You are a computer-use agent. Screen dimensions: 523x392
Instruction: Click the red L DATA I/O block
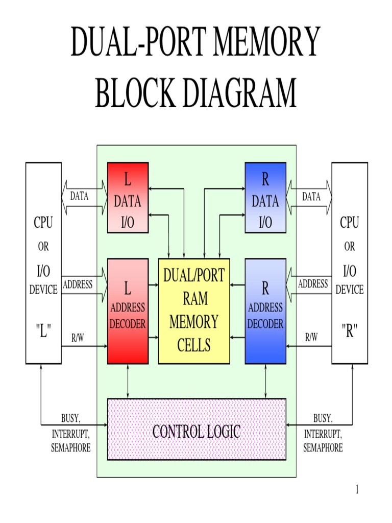click(x=128, y=198)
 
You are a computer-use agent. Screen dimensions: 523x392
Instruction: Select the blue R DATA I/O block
click(x=265, y=198)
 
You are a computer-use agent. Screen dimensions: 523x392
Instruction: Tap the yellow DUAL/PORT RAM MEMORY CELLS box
click(x=194, y=311)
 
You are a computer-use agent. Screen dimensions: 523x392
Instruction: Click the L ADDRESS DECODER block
click(x=128, y=311)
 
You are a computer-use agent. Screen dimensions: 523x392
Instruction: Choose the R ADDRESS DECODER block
click(x=265, y=311)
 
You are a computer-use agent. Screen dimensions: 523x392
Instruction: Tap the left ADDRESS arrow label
click(x=78, y=284)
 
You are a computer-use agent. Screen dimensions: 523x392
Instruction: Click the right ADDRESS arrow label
click(x=312, y=284)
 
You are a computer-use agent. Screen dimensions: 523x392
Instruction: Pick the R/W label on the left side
click(x=78, y=337)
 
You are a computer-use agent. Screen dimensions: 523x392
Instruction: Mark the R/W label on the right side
click(x=311, y=337)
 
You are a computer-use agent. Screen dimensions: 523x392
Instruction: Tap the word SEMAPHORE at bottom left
click(x=71, y=448)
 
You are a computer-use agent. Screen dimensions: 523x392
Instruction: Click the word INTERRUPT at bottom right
click(x=323, y=434)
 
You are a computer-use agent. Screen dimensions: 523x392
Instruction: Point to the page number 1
click(x=357, y=490)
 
